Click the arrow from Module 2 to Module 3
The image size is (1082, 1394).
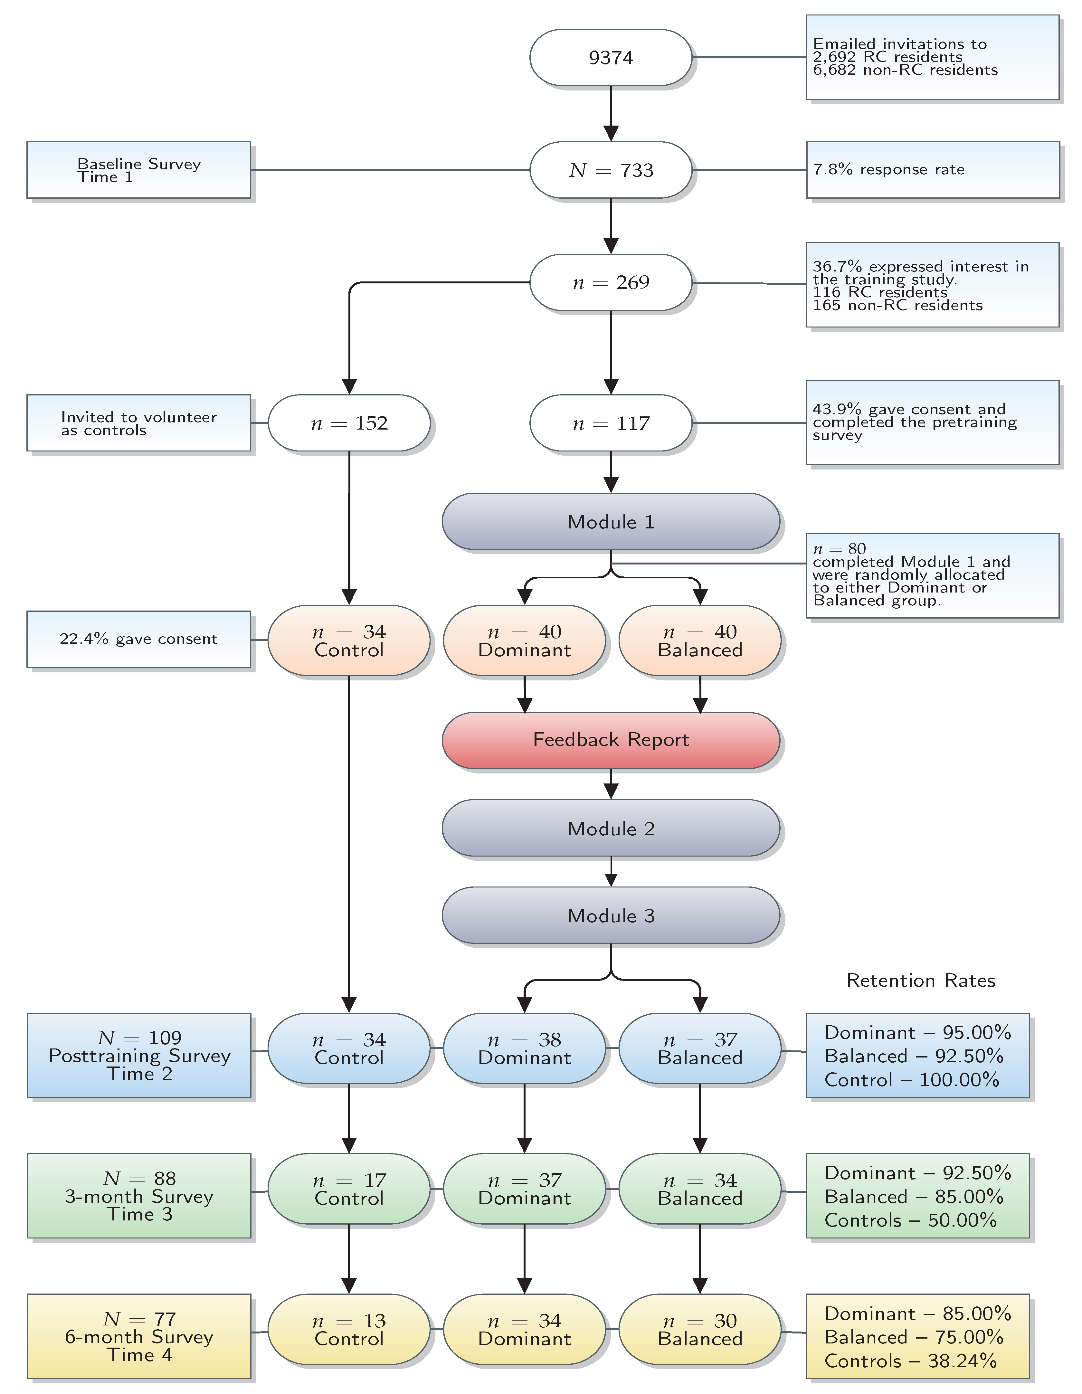click(x=611, y=871)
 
